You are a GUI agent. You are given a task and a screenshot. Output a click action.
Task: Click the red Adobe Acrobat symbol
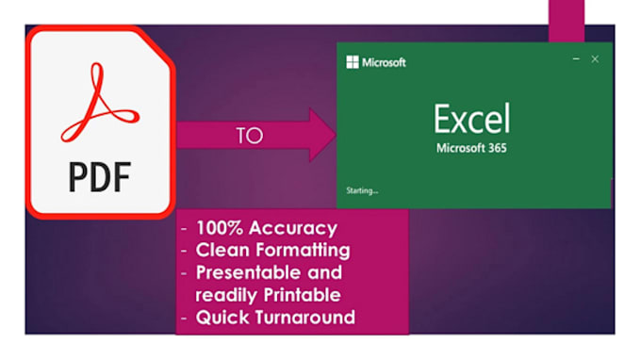point(99,103)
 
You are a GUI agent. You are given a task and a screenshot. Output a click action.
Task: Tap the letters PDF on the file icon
point(99,175)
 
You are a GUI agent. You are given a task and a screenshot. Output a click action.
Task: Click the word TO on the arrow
point(249,135)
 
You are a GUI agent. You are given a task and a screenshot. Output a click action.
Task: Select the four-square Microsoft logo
point(353,63)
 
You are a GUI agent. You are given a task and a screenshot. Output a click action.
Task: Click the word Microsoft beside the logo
point(384,63)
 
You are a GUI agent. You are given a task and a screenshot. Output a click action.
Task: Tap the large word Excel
point(471,120)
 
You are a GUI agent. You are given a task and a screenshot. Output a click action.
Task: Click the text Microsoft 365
point(471,149)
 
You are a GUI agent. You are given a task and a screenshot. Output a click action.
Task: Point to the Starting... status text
point(363,190)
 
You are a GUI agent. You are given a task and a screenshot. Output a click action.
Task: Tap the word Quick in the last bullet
point(221,317)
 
